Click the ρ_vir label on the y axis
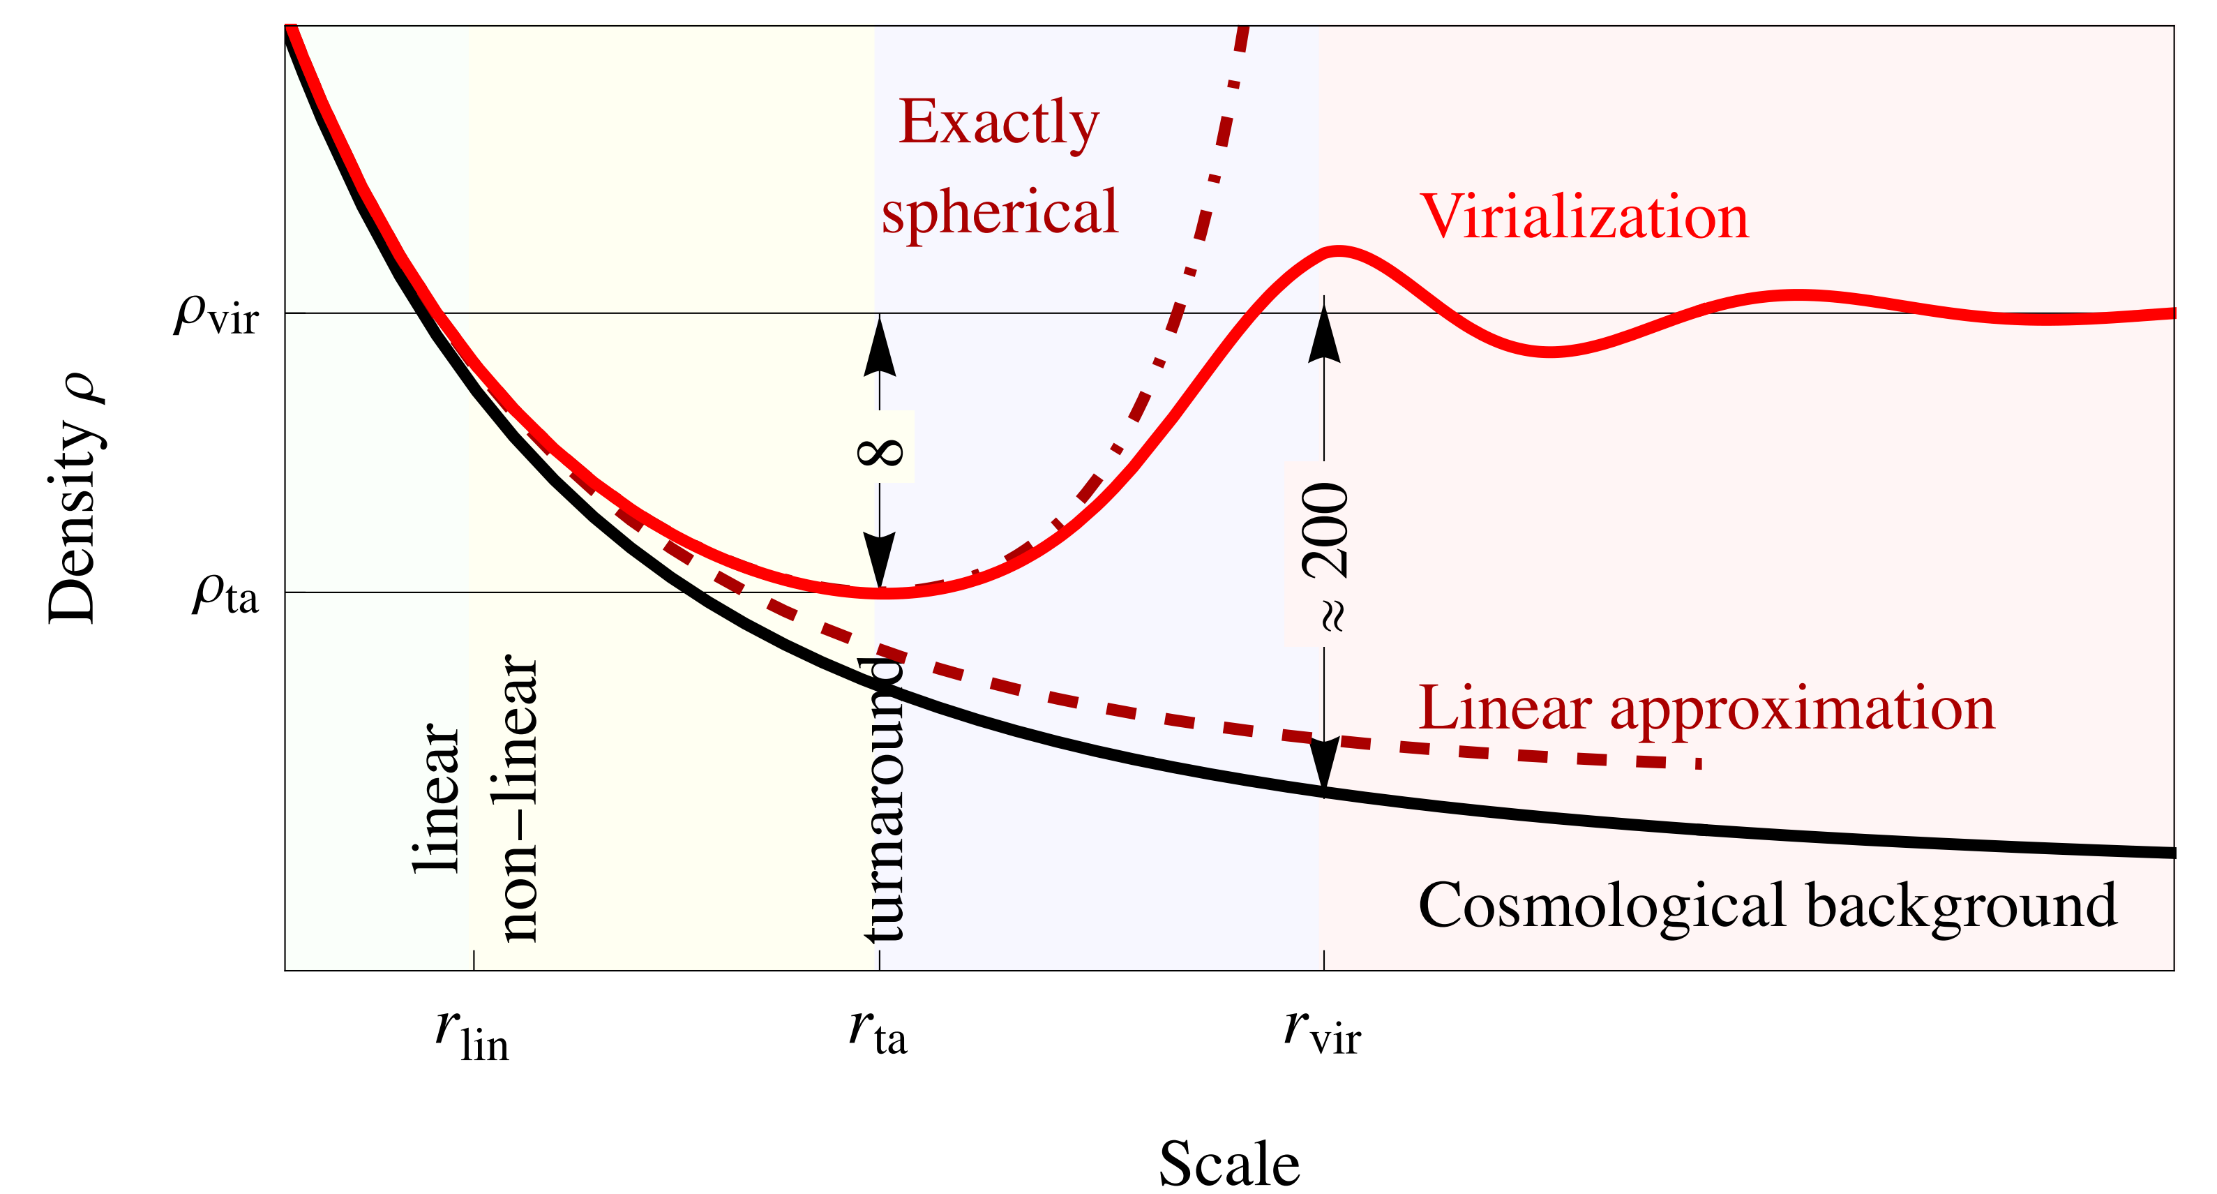217,314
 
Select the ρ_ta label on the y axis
225,594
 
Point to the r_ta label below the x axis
878,1031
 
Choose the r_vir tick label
1322,1031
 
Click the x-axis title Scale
1229,1164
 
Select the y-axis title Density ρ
76,498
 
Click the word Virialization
1584,216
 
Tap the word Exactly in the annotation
998,123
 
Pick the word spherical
999,211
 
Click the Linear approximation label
1706,708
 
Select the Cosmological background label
1768,905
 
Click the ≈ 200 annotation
1325,558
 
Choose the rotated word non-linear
519,797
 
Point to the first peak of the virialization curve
1337,251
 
